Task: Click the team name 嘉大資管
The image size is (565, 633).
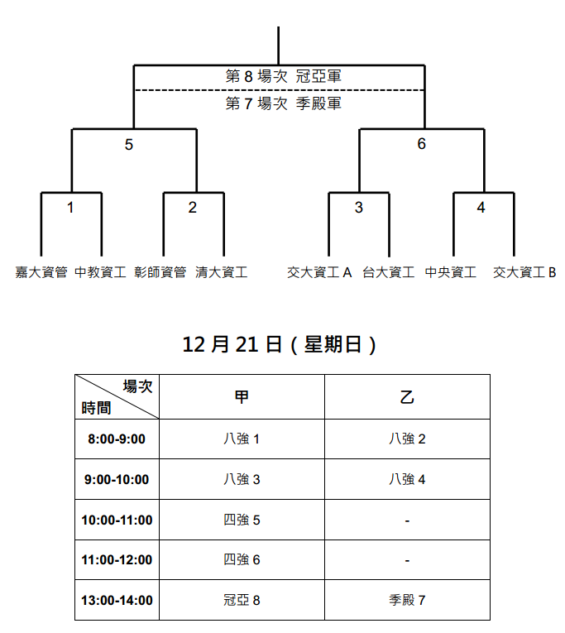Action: tap(41, 272)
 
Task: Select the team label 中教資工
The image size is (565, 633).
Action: tap(100, 272)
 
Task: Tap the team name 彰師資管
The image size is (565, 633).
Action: tap(160, 272)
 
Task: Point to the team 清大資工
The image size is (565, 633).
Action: tap(221, 272)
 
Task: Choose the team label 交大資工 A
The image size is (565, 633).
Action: tap(319, 272)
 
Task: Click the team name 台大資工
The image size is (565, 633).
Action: tap(388, 272)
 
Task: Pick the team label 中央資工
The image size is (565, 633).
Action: tap(450, 272)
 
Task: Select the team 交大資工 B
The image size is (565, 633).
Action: tap(524, 272)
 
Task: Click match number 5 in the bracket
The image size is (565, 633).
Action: tap(129, 145)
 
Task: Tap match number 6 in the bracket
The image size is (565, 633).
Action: tap(421, 144)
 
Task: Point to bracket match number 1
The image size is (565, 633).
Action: tap(70, 208)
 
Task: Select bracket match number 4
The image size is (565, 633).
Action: tap(481, 208)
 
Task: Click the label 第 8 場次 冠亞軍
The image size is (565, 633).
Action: tap(283, 76)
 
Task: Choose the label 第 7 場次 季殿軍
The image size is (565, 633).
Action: tap(283, 103)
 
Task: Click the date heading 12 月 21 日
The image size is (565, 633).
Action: tap(232, 345)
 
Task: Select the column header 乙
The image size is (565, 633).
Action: tap(407, 397)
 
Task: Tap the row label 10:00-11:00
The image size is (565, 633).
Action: tap(117, 520)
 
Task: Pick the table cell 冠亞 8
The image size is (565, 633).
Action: tap(242, 600)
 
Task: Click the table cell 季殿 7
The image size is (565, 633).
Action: tap(407, 600)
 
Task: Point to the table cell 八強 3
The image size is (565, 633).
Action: tap(242, 479)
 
